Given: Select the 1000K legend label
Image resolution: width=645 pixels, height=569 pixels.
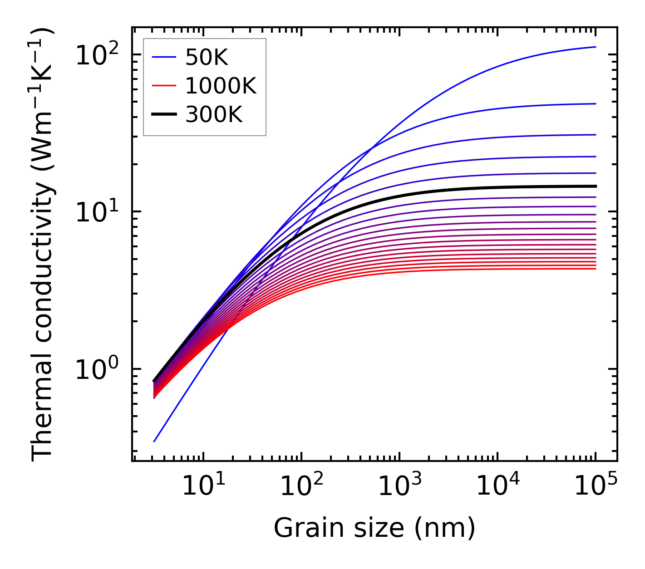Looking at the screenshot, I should tap(221, 86).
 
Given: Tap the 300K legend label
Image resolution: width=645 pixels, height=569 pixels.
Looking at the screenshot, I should tap(214, 115).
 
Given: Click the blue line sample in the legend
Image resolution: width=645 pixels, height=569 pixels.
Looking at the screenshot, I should tap(163, 57).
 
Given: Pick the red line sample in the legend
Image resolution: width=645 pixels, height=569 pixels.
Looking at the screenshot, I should tap(163, 86).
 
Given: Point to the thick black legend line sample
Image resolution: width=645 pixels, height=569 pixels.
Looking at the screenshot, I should tap(163, 115).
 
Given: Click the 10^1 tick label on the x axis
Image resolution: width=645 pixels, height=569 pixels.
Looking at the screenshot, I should tap(203, 487).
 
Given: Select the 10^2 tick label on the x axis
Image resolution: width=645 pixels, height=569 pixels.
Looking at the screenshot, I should tap(301, 487).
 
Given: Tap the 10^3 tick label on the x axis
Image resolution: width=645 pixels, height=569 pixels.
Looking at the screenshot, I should tap(399, 487).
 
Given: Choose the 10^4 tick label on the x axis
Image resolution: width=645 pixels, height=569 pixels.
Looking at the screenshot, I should tap(497, 487).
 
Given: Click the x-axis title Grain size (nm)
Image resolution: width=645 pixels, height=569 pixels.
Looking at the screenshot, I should tap(374, 529).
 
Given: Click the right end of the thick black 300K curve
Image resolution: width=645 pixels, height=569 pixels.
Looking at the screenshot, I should tap(595, 186).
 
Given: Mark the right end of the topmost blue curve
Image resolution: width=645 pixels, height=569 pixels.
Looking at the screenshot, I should tap(595, 47).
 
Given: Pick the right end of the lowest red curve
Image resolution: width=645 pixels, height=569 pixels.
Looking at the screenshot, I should tap(595, 269).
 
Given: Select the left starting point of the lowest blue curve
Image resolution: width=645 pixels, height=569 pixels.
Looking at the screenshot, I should tap(154, 441).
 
